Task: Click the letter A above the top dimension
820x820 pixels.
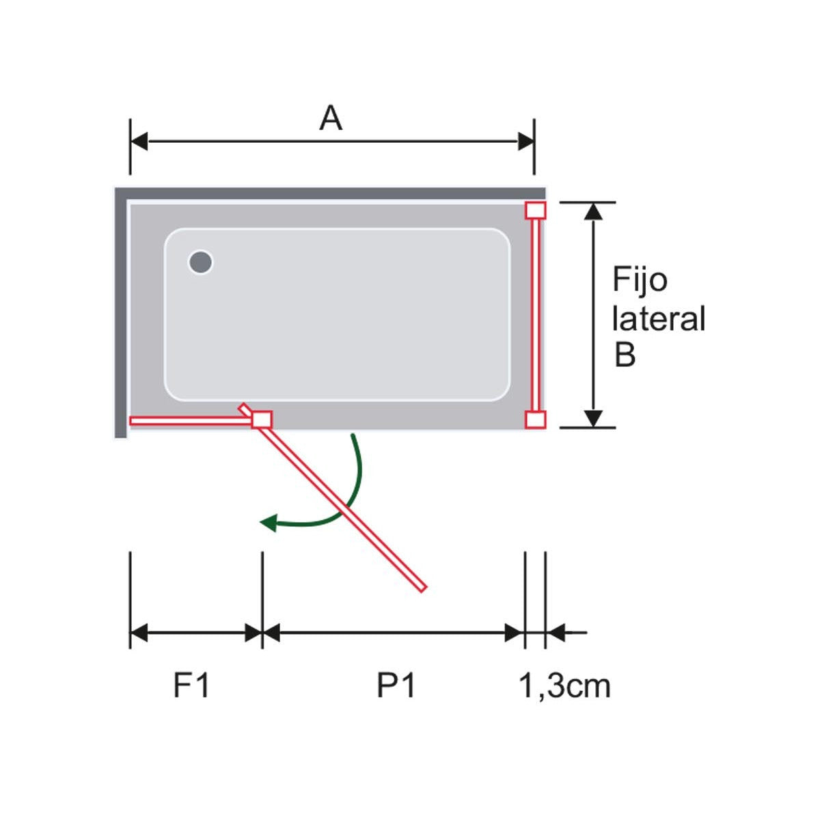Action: (331, 119)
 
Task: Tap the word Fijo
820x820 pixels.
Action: (639, 281)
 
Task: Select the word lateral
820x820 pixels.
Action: (658, 319)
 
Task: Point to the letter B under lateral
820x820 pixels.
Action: (625, 355)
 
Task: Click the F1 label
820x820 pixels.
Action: (191, 685)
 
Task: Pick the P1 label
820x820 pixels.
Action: (396, 685)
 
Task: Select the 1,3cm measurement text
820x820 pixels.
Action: (564, 685)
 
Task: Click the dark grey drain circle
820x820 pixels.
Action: (201, 262)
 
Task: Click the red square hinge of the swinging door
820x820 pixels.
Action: (262, 420)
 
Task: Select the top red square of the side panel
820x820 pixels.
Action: (535, 210)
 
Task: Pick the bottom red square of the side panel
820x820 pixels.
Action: (535, 420)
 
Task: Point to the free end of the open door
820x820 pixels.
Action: (421, 586)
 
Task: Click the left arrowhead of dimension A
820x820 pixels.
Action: (139, 142)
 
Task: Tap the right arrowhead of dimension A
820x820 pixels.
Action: (526, 142)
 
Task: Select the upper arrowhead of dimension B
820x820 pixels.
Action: (594, 210)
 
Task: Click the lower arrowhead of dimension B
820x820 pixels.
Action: (594, 418)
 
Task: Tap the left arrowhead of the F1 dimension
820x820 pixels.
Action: (139, 633)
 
